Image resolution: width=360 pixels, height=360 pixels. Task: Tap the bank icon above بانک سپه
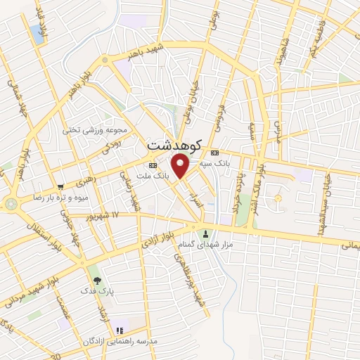click(x=214, y=153)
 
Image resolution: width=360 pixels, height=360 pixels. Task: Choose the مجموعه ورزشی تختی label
click(x=96, y=130)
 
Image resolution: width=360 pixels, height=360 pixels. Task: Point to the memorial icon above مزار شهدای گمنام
click(x=206, y=234)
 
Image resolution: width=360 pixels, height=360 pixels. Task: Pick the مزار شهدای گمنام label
click(x=205, y=245)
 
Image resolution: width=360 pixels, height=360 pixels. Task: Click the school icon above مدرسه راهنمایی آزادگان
click(x=120, y=329)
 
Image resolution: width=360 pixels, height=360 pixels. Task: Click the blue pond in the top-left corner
click(x=36, y=33)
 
